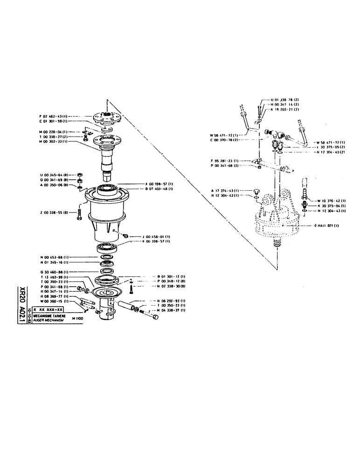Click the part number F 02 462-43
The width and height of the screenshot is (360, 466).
(x=54, y=116)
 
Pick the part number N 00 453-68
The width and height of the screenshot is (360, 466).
(x=54, y=257)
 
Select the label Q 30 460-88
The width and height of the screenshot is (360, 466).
(x=54, y=272)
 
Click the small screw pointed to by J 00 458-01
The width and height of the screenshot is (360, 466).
(x=125, y=236)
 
